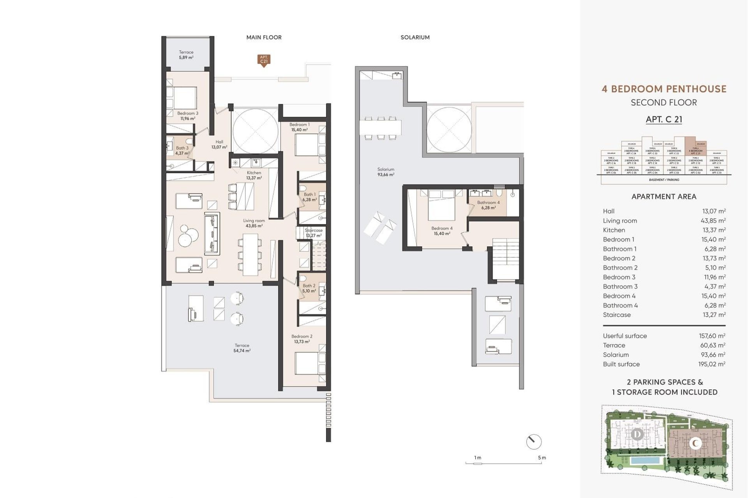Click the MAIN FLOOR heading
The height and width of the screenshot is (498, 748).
[264, 37]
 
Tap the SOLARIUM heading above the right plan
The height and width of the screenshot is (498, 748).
[415, 37]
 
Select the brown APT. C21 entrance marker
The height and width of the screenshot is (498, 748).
[264, 60]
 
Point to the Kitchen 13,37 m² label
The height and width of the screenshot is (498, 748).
[254, 175]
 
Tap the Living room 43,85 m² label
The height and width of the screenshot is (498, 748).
[254, 223]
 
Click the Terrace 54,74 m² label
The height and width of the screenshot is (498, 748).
[242, 348]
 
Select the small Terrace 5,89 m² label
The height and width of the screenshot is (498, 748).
[186, 54]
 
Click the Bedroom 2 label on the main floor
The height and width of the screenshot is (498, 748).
[302, 339]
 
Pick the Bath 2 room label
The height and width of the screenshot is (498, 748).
[309, 288]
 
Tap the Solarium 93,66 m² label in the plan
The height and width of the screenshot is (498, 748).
[386, 172]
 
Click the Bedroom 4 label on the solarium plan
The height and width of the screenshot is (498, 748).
[442, 231]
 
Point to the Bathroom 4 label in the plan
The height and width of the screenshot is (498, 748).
[488, 205]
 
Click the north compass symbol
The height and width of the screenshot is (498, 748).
[534, 442]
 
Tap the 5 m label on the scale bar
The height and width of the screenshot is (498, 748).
[542, 458]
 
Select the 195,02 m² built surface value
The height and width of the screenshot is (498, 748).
[712, 364]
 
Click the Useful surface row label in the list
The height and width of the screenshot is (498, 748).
[625, 336]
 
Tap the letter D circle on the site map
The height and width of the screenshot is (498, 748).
[637, 434]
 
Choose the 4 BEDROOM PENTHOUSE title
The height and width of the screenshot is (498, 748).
[664, 89]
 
